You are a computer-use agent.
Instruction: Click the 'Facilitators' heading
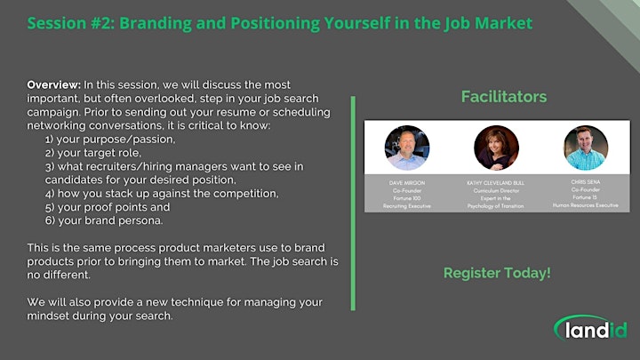[504, 97]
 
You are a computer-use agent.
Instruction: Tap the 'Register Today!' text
[497, 273]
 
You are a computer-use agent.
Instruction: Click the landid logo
[590, 328]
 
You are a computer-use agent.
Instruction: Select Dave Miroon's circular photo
[407, 148]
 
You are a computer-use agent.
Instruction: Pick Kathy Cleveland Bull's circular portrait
[496, 148]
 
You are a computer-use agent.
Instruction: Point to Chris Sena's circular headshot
[586, 148]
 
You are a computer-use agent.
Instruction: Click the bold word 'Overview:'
[54, 85]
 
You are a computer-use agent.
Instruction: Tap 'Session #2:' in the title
[71, 23]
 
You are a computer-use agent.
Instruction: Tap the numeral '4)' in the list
[50, 194]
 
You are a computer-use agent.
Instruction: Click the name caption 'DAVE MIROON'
[407, 183]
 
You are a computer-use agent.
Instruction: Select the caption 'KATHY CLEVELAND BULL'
[496, 183]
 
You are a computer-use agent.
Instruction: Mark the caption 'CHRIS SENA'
[586, 182]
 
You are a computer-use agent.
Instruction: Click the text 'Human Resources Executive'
[586, 205]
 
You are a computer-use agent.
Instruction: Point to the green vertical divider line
[353, 204]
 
